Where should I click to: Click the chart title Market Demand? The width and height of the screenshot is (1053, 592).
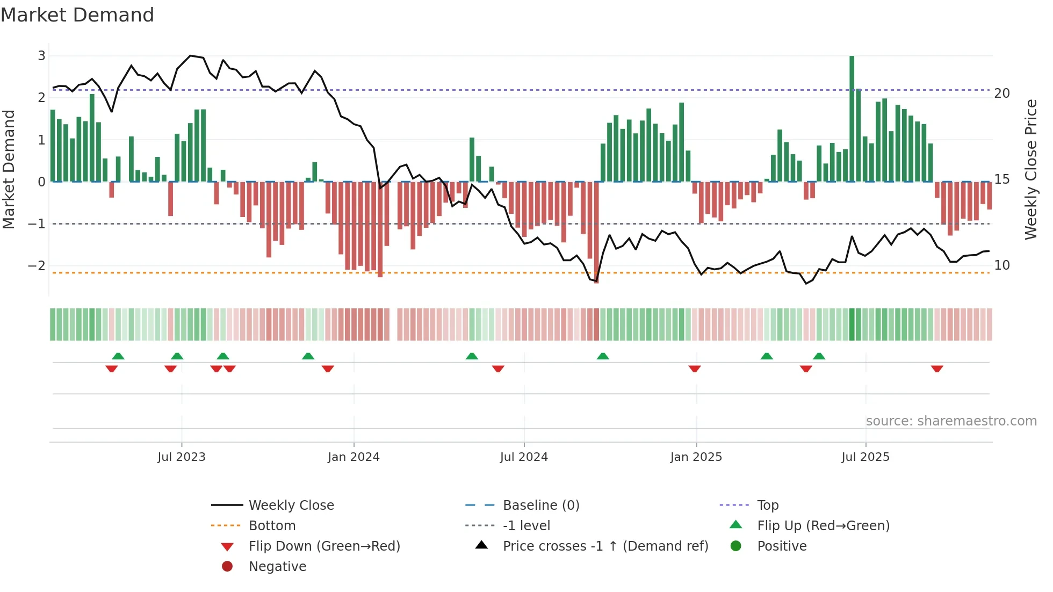pyautogui.click(x=77, y=15)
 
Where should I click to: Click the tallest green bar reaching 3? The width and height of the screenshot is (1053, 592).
pyautogui.click(x=852, y=118)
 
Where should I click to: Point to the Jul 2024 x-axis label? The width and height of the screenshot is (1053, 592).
pyautogui.click(x=524, y=457)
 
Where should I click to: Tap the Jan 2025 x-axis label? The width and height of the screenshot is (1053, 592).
pyautogui.click(x=696, y=457)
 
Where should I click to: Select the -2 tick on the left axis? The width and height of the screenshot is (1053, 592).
pyautogui.click(x=37, y=266)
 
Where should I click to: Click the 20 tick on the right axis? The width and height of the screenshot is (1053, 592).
pyautogui.click(x=1002, y=93)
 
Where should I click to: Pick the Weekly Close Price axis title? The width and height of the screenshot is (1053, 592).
pyautogui.click(x=1030, y=169)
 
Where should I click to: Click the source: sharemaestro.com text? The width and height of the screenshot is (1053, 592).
pyautogui.click(x=951, y=421)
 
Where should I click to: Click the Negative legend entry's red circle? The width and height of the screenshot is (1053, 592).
pyautogui.click(x=227, y=567)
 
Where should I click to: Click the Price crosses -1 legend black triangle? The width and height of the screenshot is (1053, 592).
pyautogui.click(x=482, y=545)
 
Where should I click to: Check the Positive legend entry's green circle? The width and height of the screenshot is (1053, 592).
pyautogui.click(x=736, y=546)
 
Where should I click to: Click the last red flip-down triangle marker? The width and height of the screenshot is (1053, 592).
pyautogui.click(x=937, y=369)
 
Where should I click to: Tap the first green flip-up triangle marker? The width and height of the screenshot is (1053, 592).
pyautogui.click(x=118, y=356)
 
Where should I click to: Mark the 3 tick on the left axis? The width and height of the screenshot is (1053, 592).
pyautogui.click(x=41, y=56)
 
